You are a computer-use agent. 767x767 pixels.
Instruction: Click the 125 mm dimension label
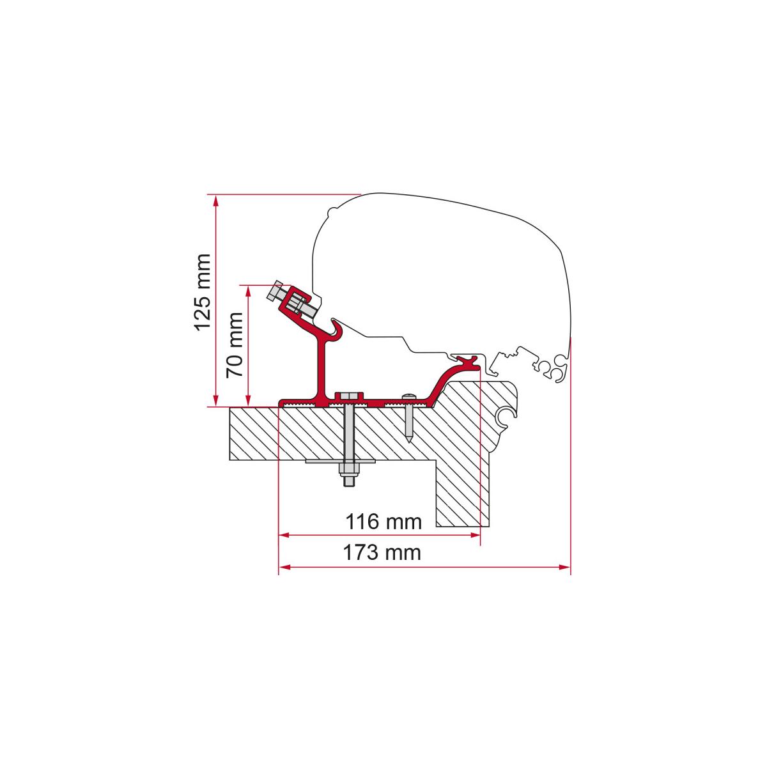click(x=201, y=291)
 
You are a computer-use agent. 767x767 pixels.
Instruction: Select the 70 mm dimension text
click(x=234, y=345)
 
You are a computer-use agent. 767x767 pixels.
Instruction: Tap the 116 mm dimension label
click(x=383, y=522)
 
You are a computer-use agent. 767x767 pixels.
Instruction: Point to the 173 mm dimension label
click(x=382, y=552)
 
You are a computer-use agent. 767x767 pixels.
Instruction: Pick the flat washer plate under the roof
click(x=341, y=461)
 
